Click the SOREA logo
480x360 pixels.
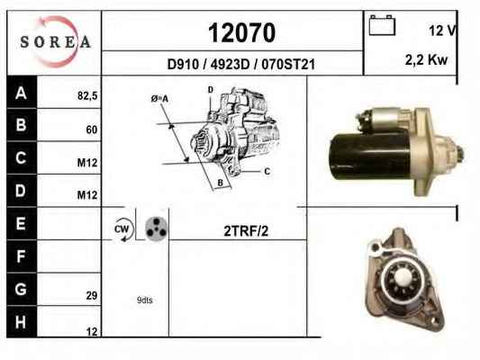(55, 41)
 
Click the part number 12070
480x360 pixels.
(242, 32)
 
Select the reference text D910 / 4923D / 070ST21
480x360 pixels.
(241, 65)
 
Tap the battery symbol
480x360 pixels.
(382, 25)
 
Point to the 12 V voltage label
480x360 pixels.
(442, 31)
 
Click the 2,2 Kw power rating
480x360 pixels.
(426, 59)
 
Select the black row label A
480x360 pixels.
(21, 93)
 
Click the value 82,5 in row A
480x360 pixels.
(87, 96)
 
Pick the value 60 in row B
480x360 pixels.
(92, 130)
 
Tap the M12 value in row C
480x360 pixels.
(87, 163)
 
